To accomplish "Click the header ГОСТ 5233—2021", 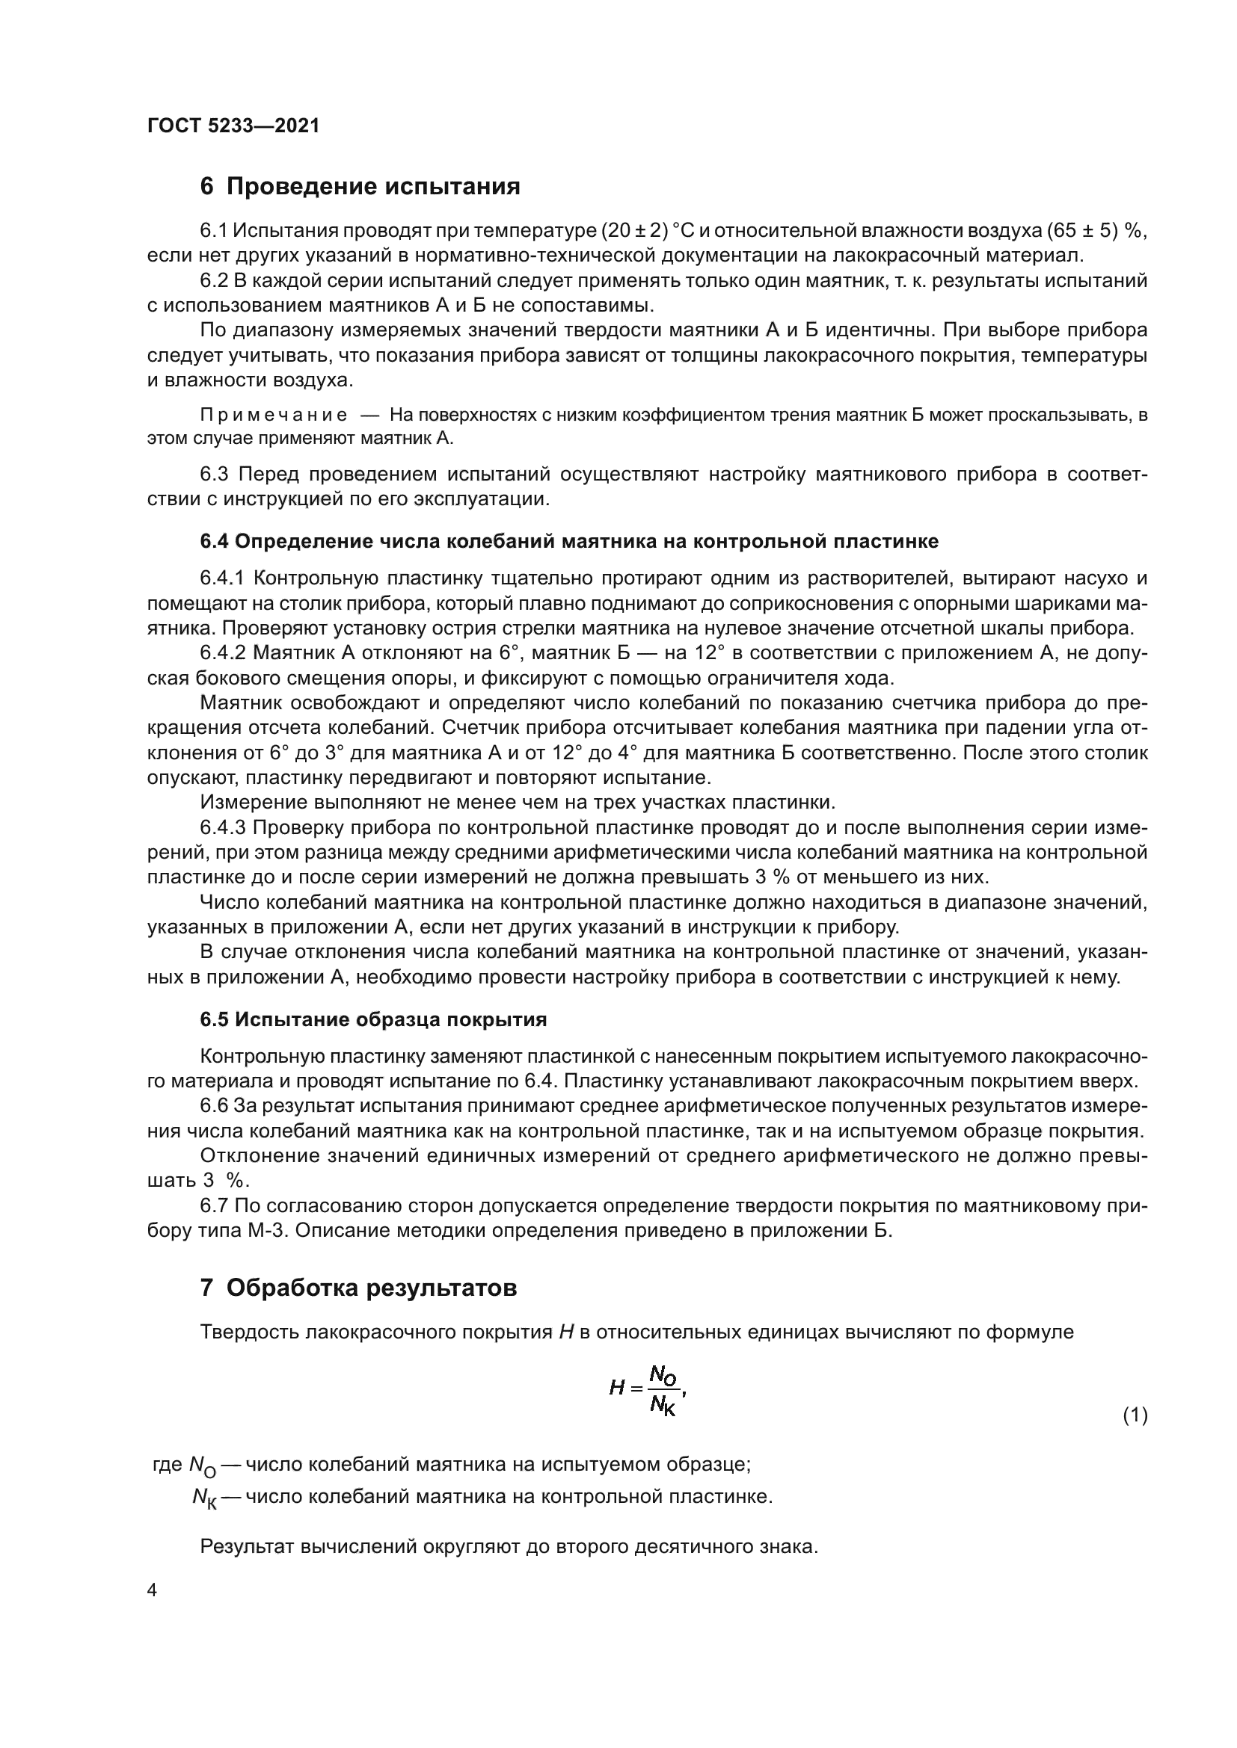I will pyautogui.click(x=233, y=126).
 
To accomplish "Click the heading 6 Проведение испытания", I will pyautogui.click(x=360, y=187).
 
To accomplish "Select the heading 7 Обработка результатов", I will pyautogui.click(x=358, y=1288).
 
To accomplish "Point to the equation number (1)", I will pyautogui.click(x=1135, y=1415).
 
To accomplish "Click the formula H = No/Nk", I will pyautogui.click(x=648, y=1389).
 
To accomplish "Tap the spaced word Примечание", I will pyautogui.click(x=274, y=415).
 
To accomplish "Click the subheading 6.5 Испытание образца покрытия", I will pyautogui.click(x=373, y=1019).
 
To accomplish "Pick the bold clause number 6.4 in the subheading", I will pyautogui.click(x=214, y=541).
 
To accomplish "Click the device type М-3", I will pyautogui.click(x=265, y=1230).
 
